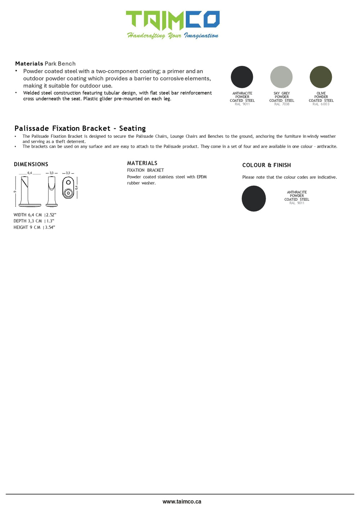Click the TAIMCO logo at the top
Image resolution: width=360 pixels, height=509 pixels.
172,20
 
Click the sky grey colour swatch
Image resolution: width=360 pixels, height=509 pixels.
281,77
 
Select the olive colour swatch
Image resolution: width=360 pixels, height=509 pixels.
321,77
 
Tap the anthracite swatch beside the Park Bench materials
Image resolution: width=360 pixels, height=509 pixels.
242,77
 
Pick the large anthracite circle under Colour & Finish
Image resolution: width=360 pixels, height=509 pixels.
254,199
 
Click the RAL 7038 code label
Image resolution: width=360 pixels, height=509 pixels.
282,104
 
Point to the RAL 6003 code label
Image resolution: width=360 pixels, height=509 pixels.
321,104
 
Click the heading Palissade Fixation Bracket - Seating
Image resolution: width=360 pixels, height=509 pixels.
80,128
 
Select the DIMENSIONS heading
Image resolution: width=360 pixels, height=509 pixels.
31,164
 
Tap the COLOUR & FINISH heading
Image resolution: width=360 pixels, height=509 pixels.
266,165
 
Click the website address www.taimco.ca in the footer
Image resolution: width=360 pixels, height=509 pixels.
182,501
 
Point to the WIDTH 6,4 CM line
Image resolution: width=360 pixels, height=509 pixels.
35,215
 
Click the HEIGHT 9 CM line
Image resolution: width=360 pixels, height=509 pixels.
34,227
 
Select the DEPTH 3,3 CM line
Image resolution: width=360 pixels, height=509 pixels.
34,221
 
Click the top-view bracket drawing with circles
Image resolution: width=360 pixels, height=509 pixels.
68,188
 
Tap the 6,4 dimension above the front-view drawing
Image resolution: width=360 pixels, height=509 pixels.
30,173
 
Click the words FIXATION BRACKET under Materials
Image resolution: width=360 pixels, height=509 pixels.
145,171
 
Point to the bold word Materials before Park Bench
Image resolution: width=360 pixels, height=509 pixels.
29,64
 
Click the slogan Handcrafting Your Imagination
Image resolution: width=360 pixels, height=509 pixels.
172,35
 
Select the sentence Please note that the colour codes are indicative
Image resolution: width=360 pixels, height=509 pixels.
289,177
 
